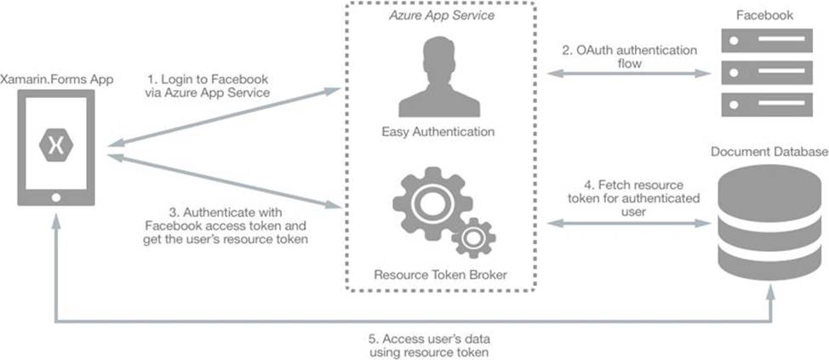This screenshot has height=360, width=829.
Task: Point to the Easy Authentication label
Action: click(439, 132)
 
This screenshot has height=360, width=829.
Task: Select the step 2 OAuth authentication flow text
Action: click(628, 56)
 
